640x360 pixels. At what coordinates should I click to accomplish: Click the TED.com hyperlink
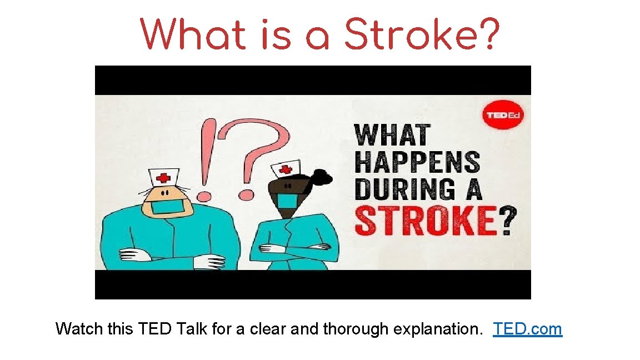(x=527, y=329)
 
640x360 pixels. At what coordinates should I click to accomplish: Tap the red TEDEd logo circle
(x=502, y=115)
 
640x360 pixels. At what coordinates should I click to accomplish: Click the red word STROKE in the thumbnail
(x=425, y=221)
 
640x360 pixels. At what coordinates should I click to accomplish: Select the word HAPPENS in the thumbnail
(x=417, y=162)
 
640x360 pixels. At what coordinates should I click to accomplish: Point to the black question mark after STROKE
(x=506, y=221)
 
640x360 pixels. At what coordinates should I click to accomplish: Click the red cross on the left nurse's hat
(x=163, y=178)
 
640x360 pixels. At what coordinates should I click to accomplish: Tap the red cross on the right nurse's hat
(x=285, y=168)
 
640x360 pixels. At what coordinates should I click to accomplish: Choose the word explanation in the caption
(x=438, y=329)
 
